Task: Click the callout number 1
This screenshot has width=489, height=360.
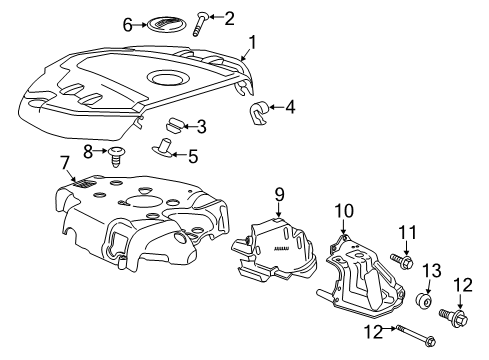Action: click(253, 42)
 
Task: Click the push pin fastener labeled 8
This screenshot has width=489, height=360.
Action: click(117, 153)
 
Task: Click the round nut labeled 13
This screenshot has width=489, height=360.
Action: click(424, 300)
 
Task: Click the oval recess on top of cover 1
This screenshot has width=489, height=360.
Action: click(167, 77)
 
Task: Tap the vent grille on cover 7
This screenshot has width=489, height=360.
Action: click(86, 185)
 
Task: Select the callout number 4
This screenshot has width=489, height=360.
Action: click(290, 107)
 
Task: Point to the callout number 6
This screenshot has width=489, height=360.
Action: click(127, 23)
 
